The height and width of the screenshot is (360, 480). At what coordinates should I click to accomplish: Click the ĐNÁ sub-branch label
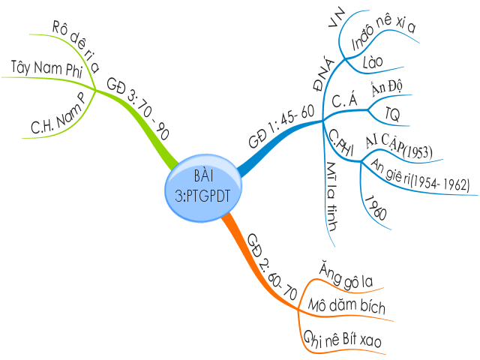(317, 76)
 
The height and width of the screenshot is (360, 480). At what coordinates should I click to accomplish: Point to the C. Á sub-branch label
(343, 100)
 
